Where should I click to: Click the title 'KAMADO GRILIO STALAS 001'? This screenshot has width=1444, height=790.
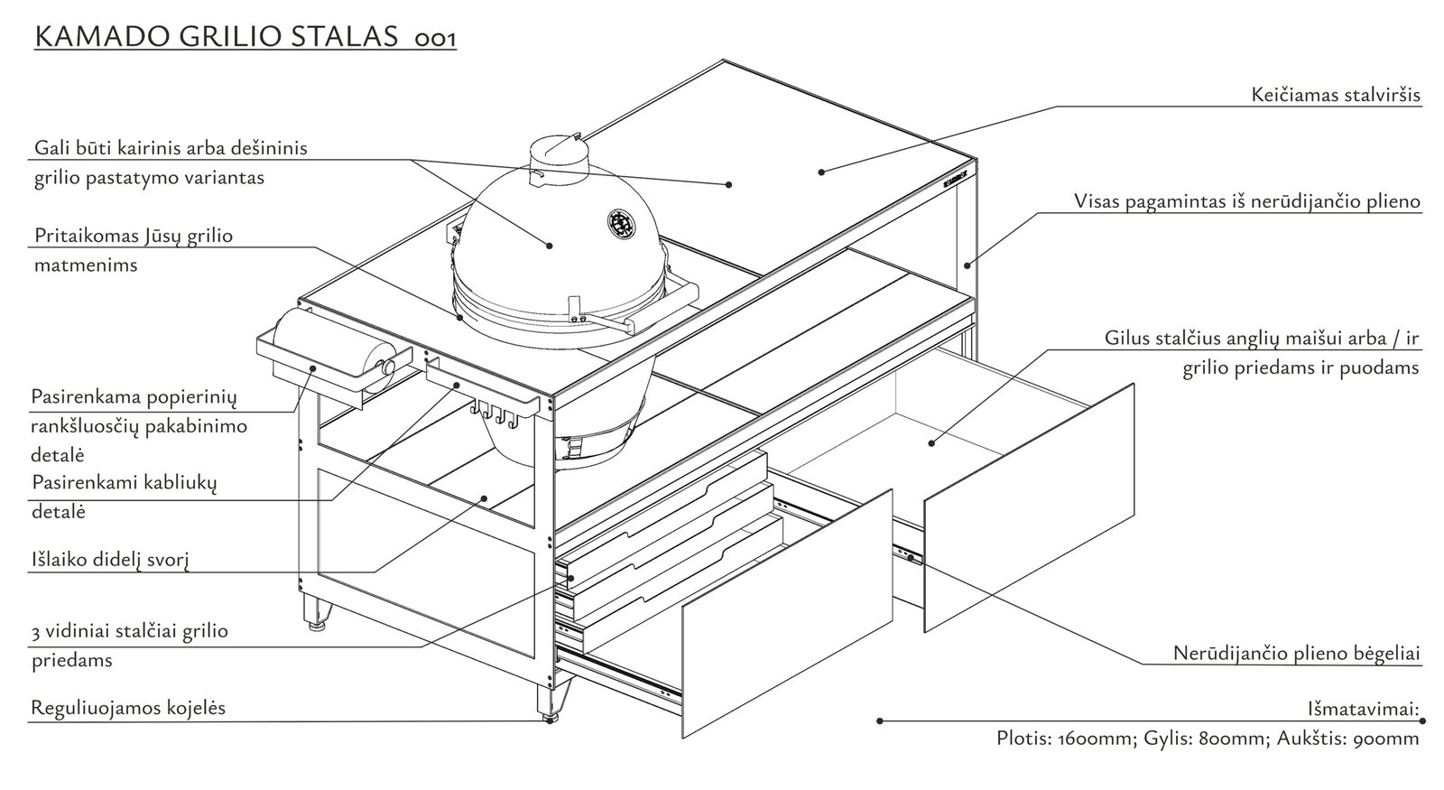click(245, 37)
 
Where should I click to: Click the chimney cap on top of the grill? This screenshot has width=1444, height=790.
click(559, 150)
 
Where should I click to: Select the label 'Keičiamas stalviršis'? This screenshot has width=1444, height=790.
click(1337, 95)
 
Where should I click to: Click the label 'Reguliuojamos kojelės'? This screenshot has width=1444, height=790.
click(128, 707)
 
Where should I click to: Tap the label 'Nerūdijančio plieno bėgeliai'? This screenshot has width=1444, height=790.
click(1297, 652)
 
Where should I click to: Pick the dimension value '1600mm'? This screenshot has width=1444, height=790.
click(1095, 739)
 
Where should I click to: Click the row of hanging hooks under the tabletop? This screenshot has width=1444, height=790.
click(495, 416)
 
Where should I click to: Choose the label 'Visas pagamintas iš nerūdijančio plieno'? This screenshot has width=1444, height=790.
click(1247, 200)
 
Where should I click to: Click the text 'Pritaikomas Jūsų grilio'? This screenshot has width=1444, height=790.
click(134, 237)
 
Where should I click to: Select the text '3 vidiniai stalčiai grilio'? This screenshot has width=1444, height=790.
click(129, 630)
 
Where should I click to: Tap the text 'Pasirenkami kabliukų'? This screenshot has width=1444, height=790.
click(125, 482)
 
